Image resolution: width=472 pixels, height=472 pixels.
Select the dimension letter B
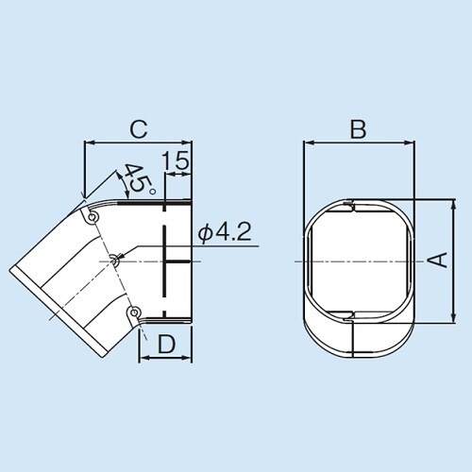tap(358, 129)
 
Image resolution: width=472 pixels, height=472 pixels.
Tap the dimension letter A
tap(439, 261)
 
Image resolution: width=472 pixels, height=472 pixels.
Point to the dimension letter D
tap(165, 345)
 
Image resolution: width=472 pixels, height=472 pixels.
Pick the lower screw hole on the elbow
tap(134, 312)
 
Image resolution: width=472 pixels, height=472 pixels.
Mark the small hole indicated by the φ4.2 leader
tap(114, 259)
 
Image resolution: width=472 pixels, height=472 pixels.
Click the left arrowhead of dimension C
tap(89, 144)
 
